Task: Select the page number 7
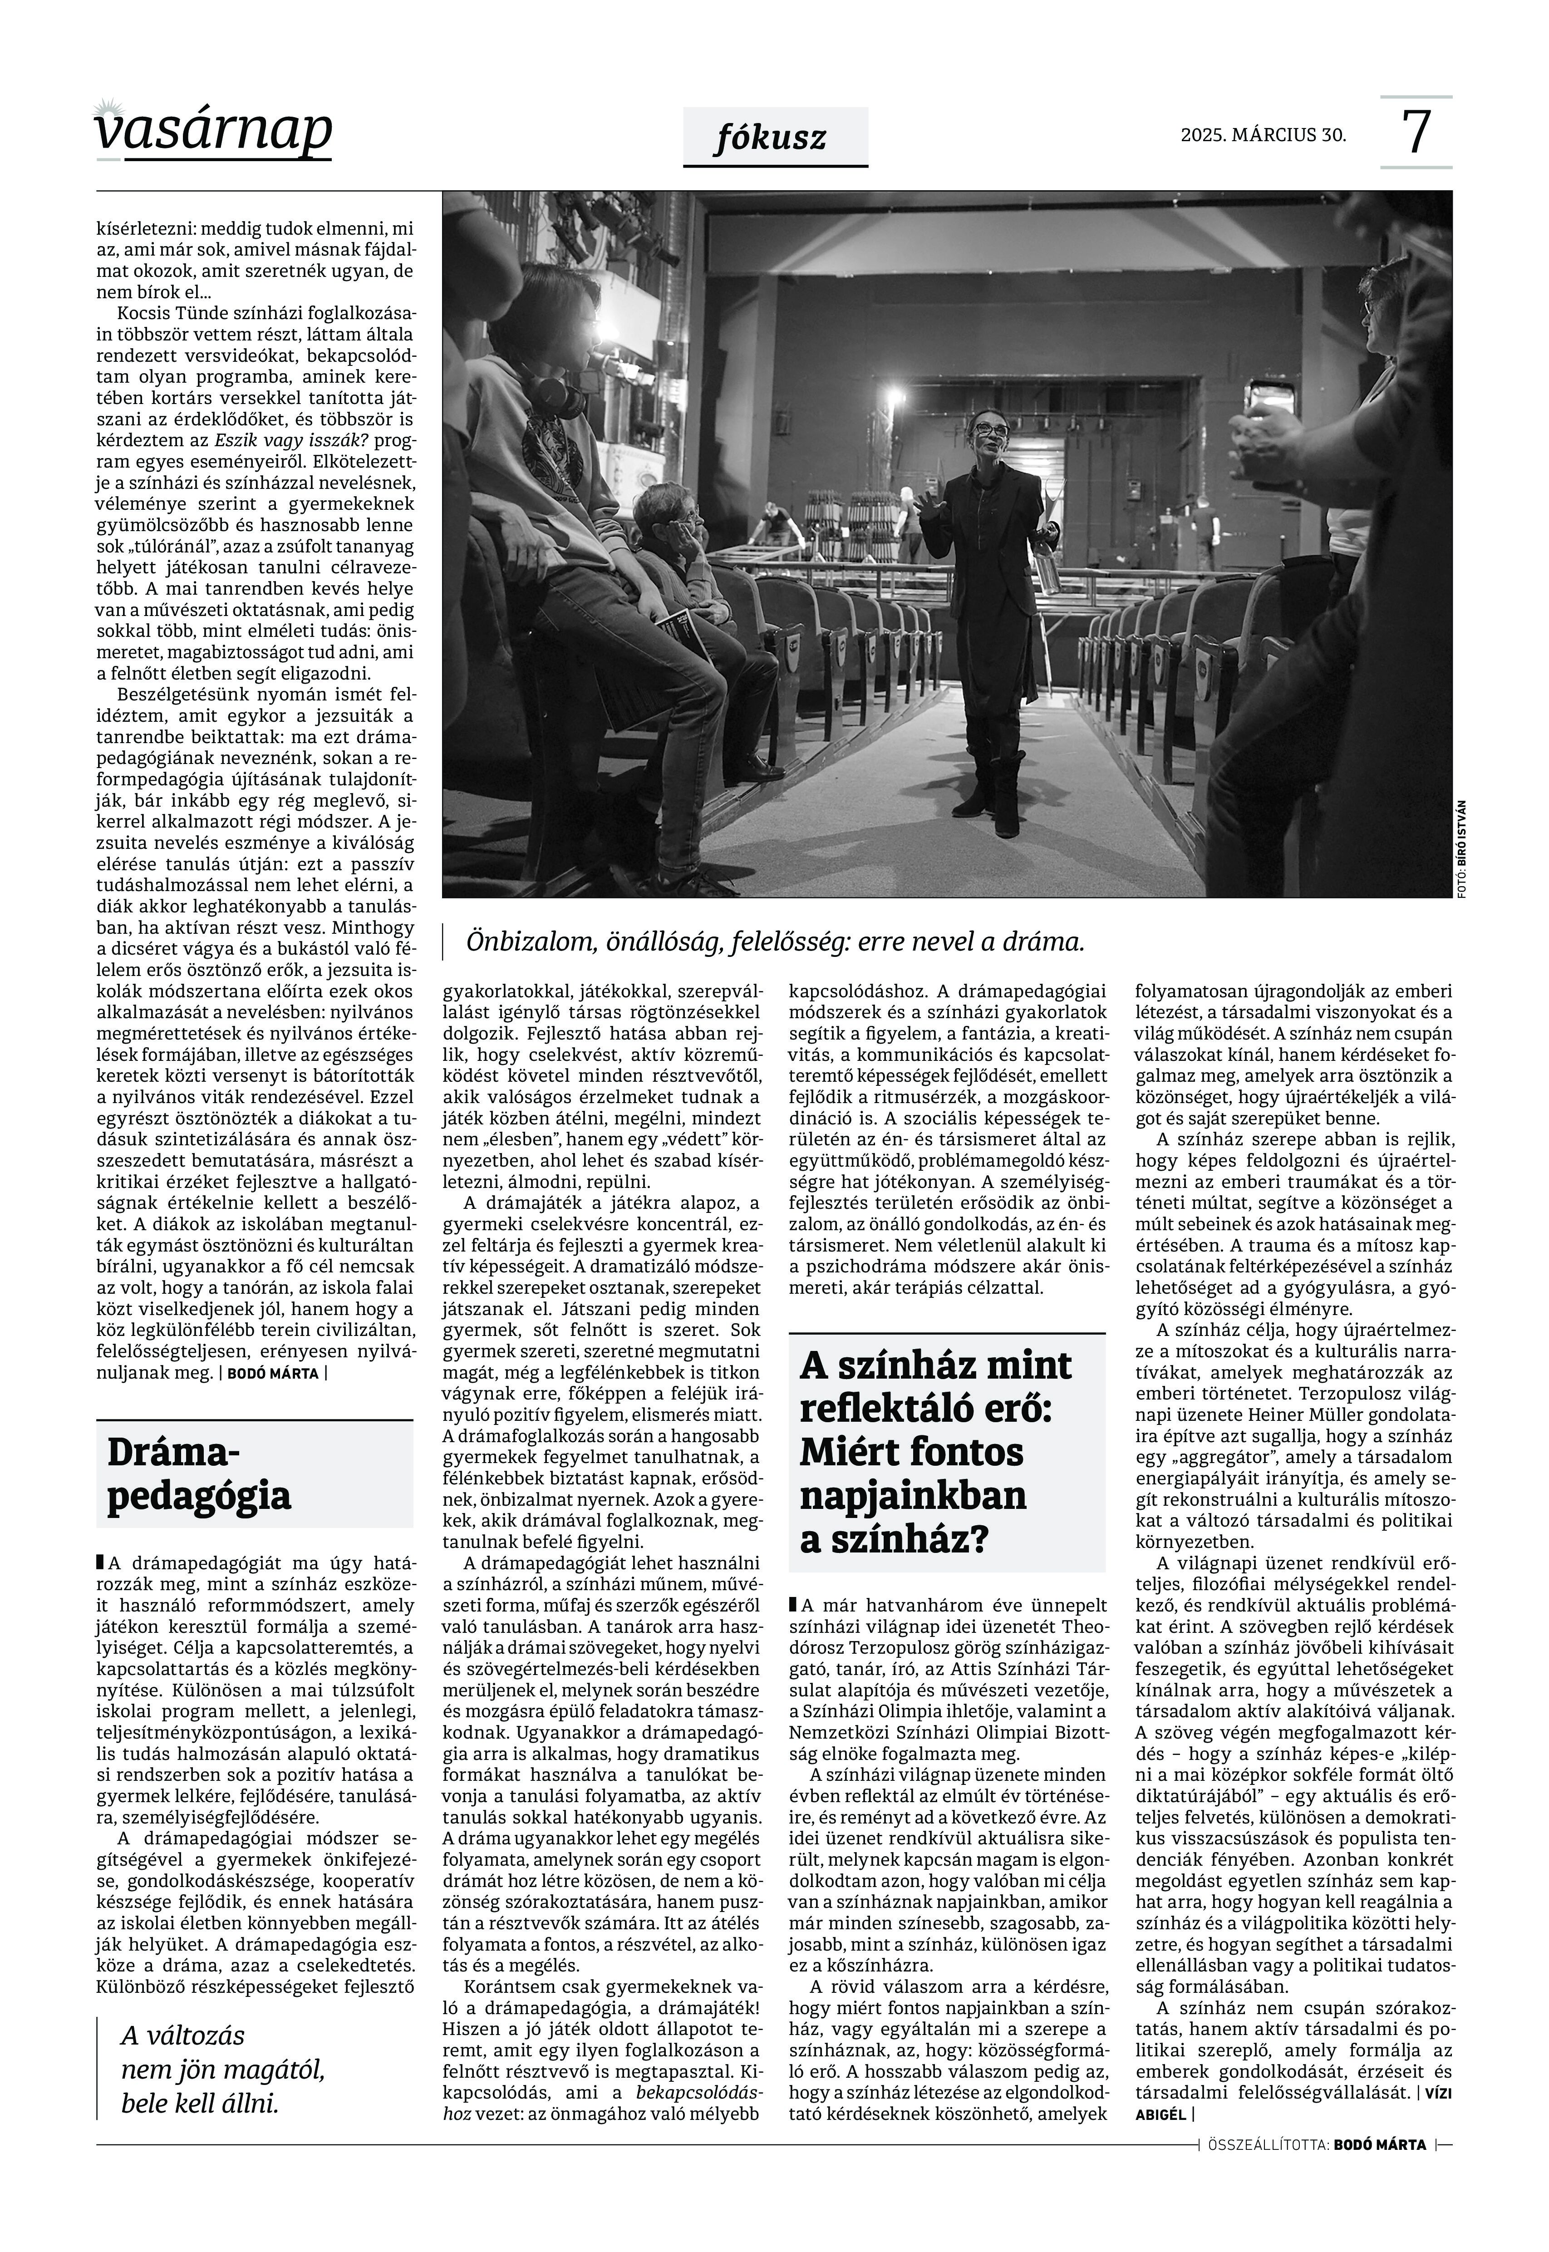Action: point(1416,133)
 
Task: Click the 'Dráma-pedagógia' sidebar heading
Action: point(199,1473)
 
